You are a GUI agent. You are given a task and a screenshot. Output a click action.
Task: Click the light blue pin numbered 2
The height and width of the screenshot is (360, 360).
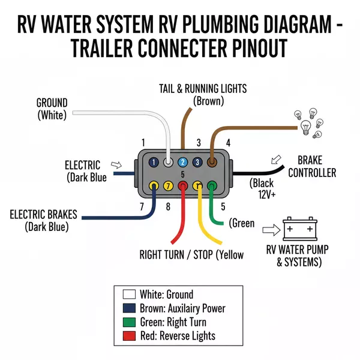click(182, 162)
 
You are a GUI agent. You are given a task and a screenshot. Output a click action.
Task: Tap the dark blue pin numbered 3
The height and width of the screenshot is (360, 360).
click(197, 162)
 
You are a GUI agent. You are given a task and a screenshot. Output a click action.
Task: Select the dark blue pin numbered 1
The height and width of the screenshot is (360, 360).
click(154, 162)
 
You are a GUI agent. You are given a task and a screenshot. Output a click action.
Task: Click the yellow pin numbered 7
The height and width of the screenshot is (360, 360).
click(168, 186)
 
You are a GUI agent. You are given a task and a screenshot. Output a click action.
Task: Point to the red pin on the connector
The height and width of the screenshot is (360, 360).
click(183, 186)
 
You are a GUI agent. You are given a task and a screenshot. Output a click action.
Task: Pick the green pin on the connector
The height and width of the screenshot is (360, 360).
click(211, 186)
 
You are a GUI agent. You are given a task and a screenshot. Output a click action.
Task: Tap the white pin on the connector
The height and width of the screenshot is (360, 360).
click(169, 162)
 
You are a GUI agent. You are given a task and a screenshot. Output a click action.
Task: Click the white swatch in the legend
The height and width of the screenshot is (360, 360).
click(128, 294)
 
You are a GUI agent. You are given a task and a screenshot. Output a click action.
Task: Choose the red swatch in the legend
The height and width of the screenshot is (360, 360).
click(128, 335)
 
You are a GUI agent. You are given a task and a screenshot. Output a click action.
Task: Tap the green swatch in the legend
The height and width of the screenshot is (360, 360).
click(128, 322)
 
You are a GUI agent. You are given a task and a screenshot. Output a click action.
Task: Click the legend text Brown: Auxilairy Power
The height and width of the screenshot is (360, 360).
click(182, 308)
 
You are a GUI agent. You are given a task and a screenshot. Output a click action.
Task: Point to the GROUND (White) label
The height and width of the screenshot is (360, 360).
click(52, 108)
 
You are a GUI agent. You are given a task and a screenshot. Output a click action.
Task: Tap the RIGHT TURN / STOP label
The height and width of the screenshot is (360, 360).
click(191, 254)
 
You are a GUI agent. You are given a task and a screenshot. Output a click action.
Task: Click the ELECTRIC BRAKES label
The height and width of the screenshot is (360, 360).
click(47, 220)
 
